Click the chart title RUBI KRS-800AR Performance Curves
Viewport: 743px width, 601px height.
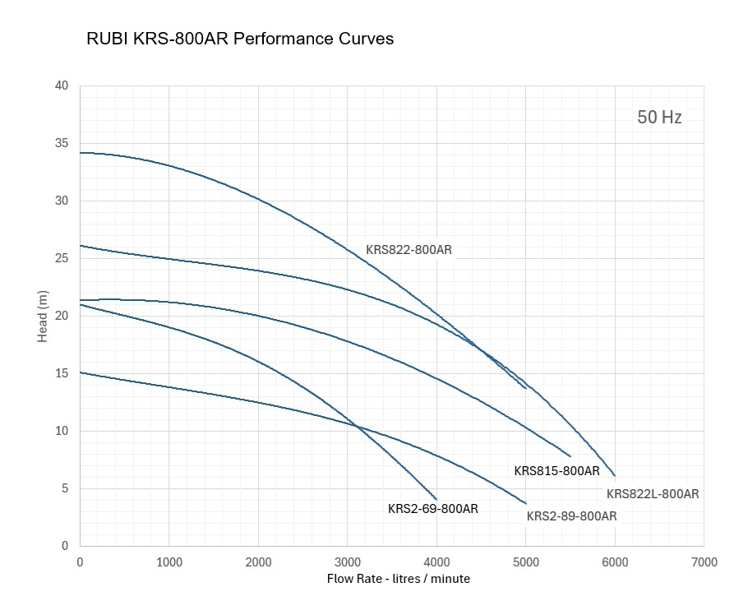[240, 39]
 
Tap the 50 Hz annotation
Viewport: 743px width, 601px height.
[659, 118]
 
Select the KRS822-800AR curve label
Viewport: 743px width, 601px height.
[408, 249]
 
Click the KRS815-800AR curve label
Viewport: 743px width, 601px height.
[556, 471]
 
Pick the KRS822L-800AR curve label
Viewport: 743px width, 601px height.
[653, 494]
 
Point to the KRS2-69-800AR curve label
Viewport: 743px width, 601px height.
[432, 509]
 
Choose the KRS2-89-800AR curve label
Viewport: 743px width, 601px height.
[571, 516]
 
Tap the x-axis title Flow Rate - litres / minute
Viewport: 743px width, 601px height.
[399, 579]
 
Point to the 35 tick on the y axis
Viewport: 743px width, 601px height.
[62, 143]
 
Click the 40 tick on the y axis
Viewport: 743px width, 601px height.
[62, 86]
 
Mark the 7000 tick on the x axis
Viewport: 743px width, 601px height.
[704, 562]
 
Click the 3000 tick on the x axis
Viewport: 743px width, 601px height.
[347, 562]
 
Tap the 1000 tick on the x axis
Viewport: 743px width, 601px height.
[168, 562]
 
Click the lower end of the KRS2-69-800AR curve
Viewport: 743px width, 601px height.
[436, 499]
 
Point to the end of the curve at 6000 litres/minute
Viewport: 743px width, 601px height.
[614, 475]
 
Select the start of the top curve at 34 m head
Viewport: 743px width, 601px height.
[81, 153]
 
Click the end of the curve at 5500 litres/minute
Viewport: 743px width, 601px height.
[570, 455]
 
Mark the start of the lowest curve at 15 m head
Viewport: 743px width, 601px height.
[81, 372]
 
